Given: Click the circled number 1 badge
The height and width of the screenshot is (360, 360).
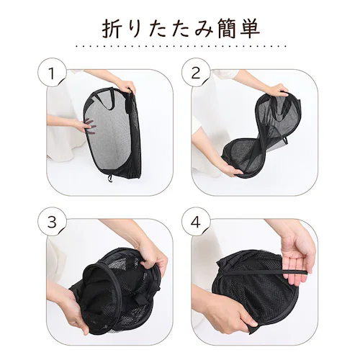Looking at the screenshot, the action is (x=52, y=73).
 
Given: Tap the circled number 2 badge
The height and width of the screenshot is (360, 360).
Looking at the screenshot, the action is (x=196, y=73).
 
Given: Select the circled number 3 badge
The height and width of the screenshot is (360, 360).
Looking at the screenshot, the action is (x=52, y=222).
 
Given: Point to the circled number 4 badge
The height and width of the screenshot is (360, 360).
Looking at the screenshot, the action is (x=196, y=222).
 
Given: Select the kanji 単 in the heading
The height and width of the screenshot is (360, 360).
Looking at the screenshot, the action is (x=249, y=29).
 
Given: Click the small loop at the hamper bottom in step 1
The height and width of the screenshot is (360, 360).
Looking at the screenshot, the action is (x=111, y=178).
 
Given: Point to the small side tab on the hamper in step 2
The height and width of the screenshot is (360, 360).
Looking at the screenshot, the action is (x=285, y=141).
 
